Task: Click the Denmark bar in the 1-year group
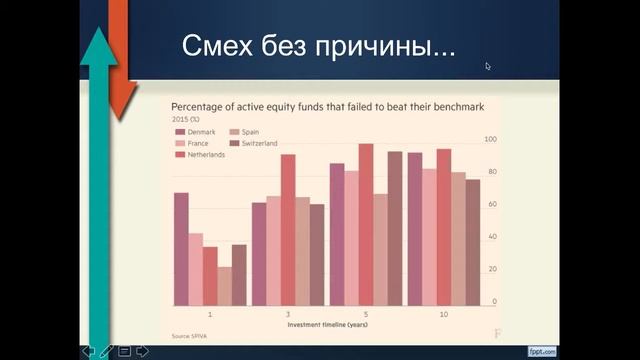(x=181, y=249)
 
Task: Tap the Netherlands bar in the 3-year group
(x=288, y=230)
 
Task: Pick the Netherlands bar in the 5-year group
(x=365, y=225)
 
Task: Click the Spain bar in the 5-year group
(x=380, y=250)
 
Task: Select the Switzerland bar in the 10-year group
(x=473, y=242)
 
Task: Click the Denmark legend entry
(x=201, y=132)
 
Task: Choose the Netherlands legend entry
(x=205, y=154)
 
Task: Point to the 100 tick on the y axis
(x=490, y=139)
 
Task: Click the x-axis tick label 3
(x=288, y=314)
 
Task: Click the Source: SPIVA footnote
(x=188, y=335)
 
